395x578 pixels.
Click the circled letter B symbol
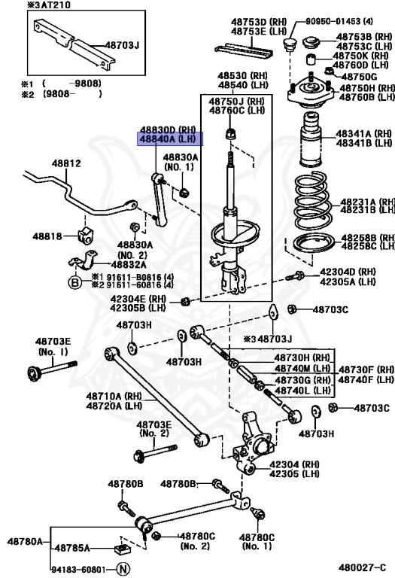pos(75,282)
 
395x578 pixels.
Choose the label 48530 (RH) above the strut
pos(242,77)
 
